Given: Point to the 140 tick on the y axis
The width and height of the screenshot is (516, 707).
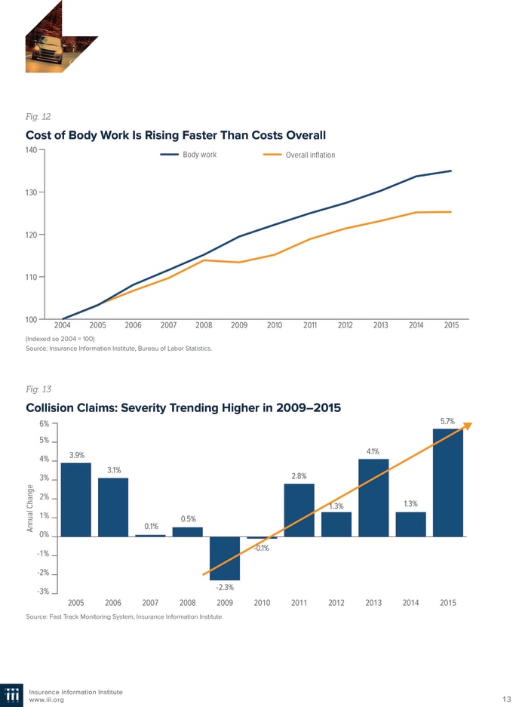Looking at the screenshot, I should (x=31, y=150).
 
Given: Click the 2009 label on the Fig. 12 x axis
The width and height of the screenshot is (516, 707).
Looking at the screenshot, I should (x=239, y=325).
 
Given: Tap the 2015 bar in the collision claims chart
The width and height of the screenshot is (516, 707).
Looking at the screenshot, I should (x=447, y=483).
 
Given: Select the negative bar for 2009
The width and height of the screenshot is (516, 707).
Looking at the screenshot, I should (x=224, y=558).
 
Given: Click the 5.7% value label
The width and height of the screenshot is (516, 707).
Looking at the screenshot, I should (x=447, y=422).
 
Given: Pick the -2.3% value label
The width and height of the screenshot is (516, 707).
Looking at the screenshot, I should (x=224, y=587).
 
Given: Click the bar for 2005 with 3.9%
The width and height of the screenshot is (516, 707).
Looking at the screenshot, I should (x=75, y=500).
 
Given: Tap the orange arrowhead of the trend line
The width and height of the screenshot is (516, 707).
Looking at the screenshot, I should (x=467, y=426).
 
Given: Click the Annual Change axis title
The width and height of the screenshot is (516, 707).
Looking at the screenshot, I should (x=29, y=507).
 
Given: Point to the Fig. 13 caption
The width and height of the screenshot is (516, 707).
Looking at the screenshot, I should (x=38, y=389).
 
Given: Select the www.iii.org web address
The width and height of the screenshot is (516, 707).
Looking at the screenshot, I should (x=46, y=700).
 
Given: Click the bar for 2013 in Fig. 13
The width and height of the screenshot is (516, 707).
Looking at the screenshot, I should (x=373, y=498).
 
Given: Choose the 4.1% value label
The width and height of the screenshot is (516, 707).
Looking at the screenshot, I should (x=373, y=451).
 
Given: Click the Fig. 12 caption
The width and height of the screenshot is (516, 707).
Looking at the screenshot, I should (x=38, y=117).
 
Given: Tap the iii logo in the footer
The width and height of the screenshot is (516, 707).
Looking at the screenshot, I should (x=13, y=696).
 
